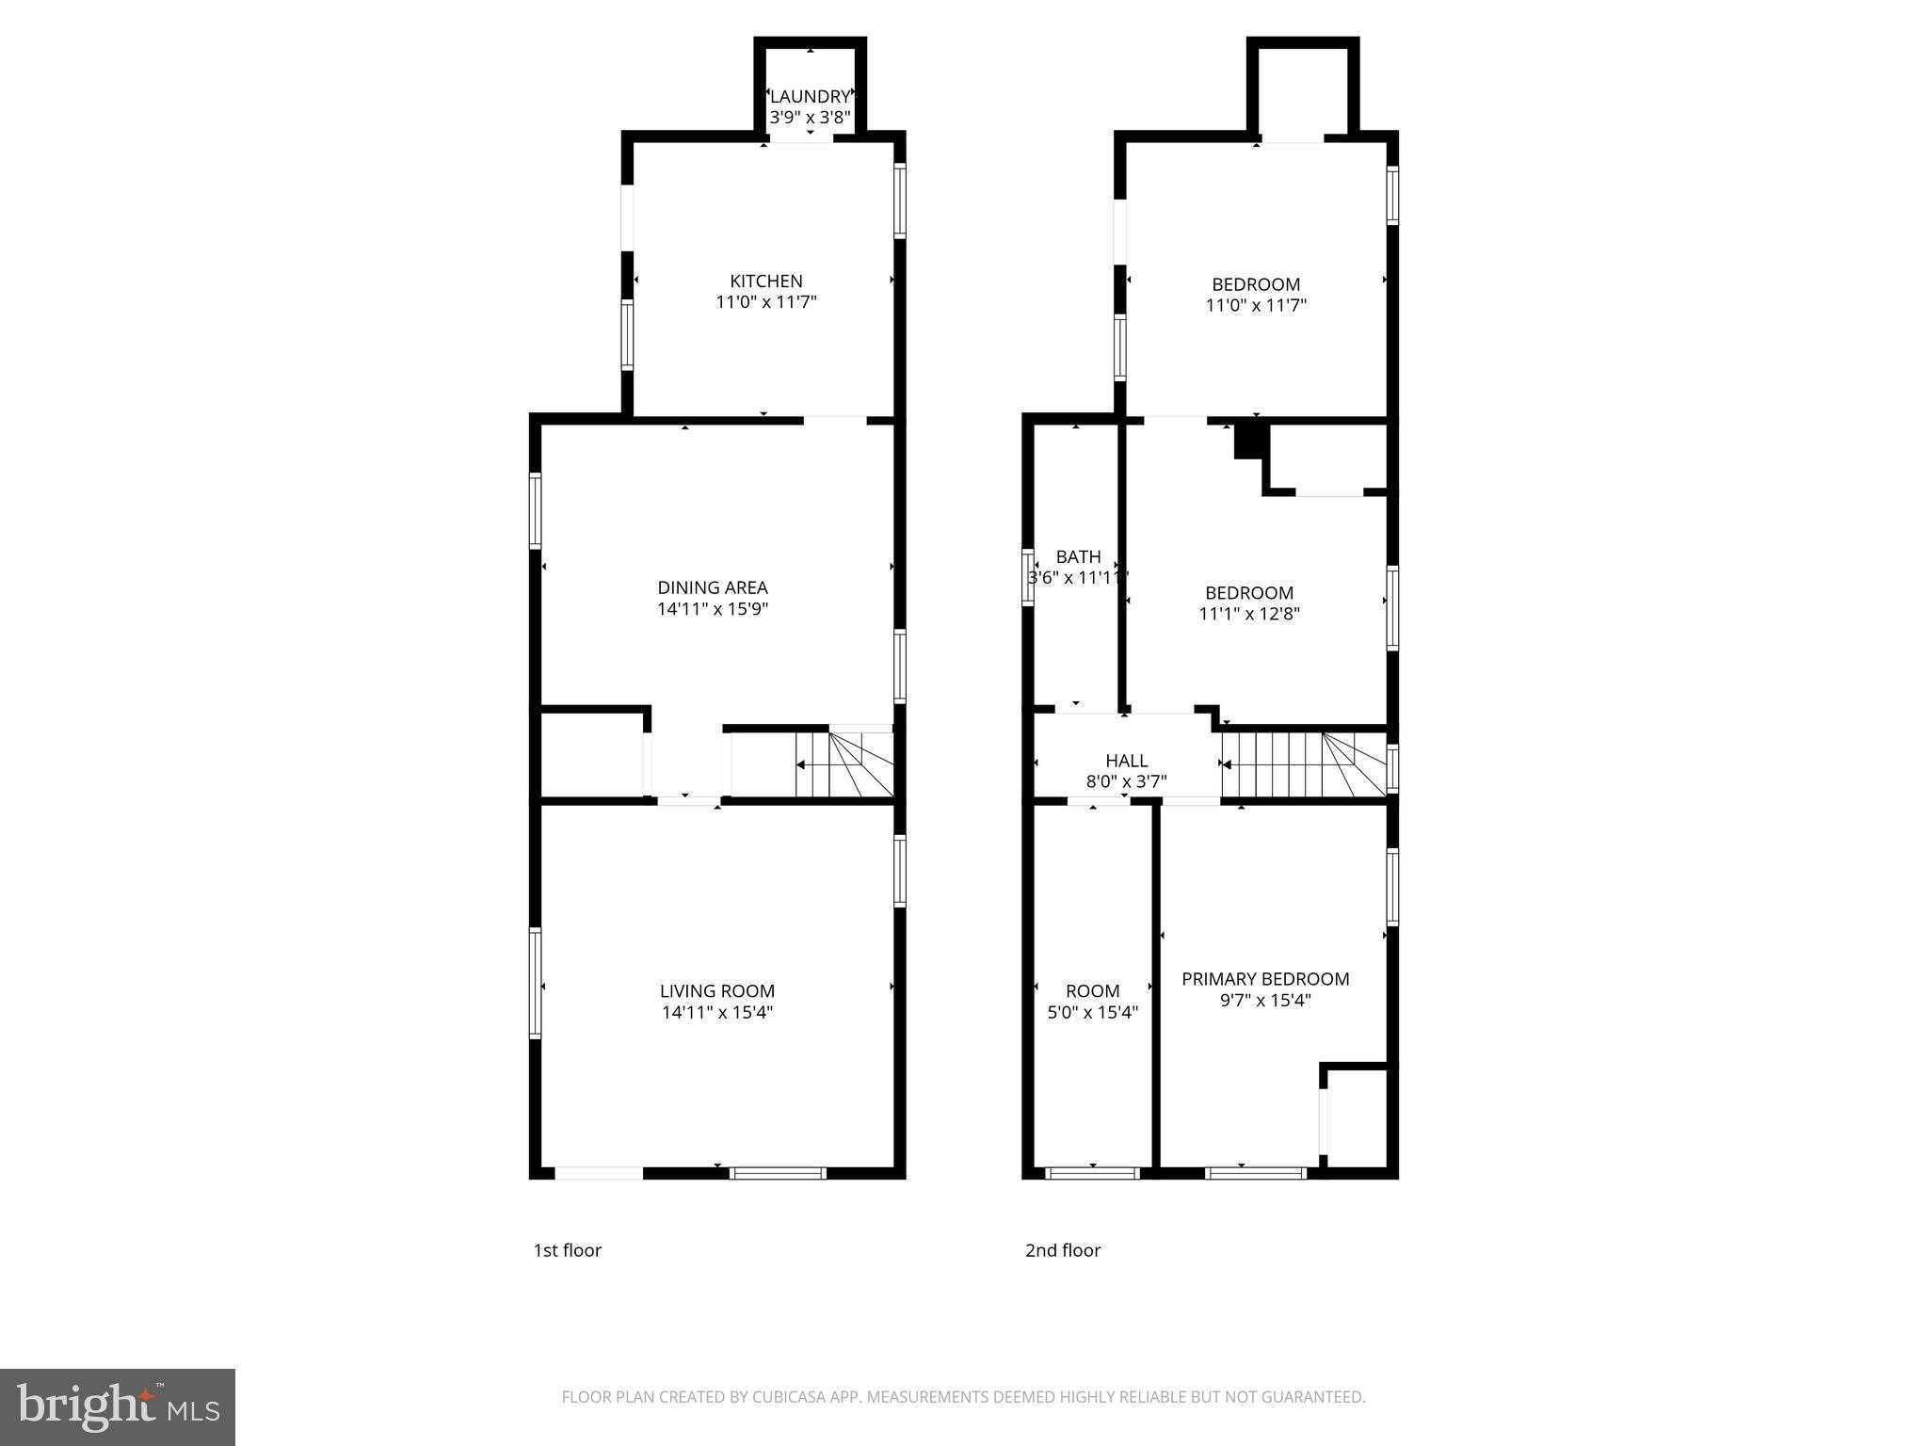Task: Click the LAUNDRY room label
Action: click(810, 96)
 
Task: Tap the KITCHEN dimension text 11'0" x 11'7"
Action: click(766, 302)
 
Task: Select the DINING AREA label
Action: click(713, 587)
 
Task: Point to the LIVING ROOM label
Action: click(717, 990)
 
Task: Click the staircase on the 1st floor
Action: click(844, 764)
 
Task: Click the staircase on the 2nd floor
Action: click(1304, 764)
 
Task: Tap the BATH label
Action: click(1078, 556)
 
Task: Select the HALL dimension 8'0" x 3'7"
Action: click(1126, 781)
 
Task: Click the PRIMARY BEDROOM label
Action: click(1265, 979)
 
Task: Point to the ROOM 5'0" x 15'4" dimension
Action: click(1092, 1013)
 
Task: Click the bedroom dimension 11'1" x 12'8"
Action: click(1249, 614)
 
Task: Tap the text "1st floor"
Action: click(567, 1250)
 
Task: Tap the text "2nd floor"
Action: click(1063, 1250)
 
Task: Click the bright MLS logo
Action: click(117, 1406)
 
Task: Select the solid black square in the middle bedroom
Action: click(1248, 441)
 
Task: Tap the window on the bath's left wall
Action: click(1028, 576)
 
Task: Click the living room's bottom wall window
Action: click(779, 1173)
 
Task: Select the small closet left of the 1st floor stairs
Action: click(592, 755)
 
